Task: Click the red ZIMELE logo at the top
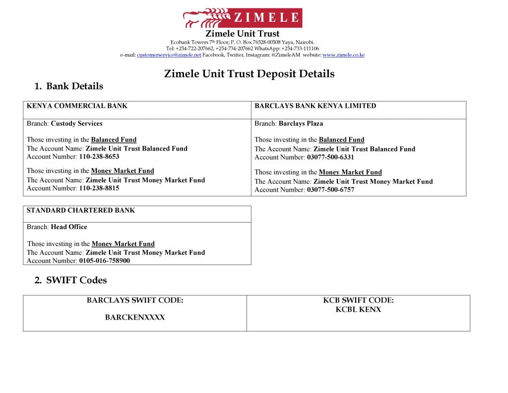pyautogui.click(x=243, y=18)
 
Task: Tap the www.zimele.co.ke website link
pyautogui.click(x=343, y=55)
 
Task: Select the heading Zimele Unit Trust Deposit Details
pyautogui.click(x=249, y=74)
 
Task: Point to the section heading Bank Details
pyautogui.click(x=74, y=86)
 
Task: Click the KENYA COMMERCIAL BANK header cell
pyautogui.click(x=77, y=106)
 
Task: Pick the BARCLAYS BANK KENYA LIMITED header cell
pyautogui.click(x=315, y=106)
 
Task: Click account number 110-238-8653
pyautogui.click(x=99, y=157)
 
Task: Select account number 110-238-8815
pyautogui.click(x=99, y=188)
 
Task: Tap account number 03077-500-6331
pyautogui.click(x=330, y=157)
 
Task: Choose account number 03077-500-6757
pyautogui.click(x=330, y=190)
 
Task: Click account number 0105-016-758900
pyautogui.click(x=104, y=260)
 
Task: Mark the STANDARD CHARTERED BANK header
pyautogui.click(x=80, y=211)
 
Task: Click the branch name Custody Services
pyautogui.click(x=76, y=124)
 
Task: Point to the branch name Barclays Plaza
pyautogui.click(x=301, y=124)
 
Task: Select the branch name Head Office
pyautogui.click(x=69, y=227)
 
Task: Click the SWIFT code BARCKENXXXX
pyautogui.click(x=135, y=317)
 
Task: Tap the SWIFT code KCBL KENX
pyautogui.click(x=358, y=310)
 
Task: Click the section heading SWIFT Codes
pyautogui.click(x=76, y=280)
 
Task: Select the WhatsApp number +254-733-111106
pyautogui.click(x=300, y=49)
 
